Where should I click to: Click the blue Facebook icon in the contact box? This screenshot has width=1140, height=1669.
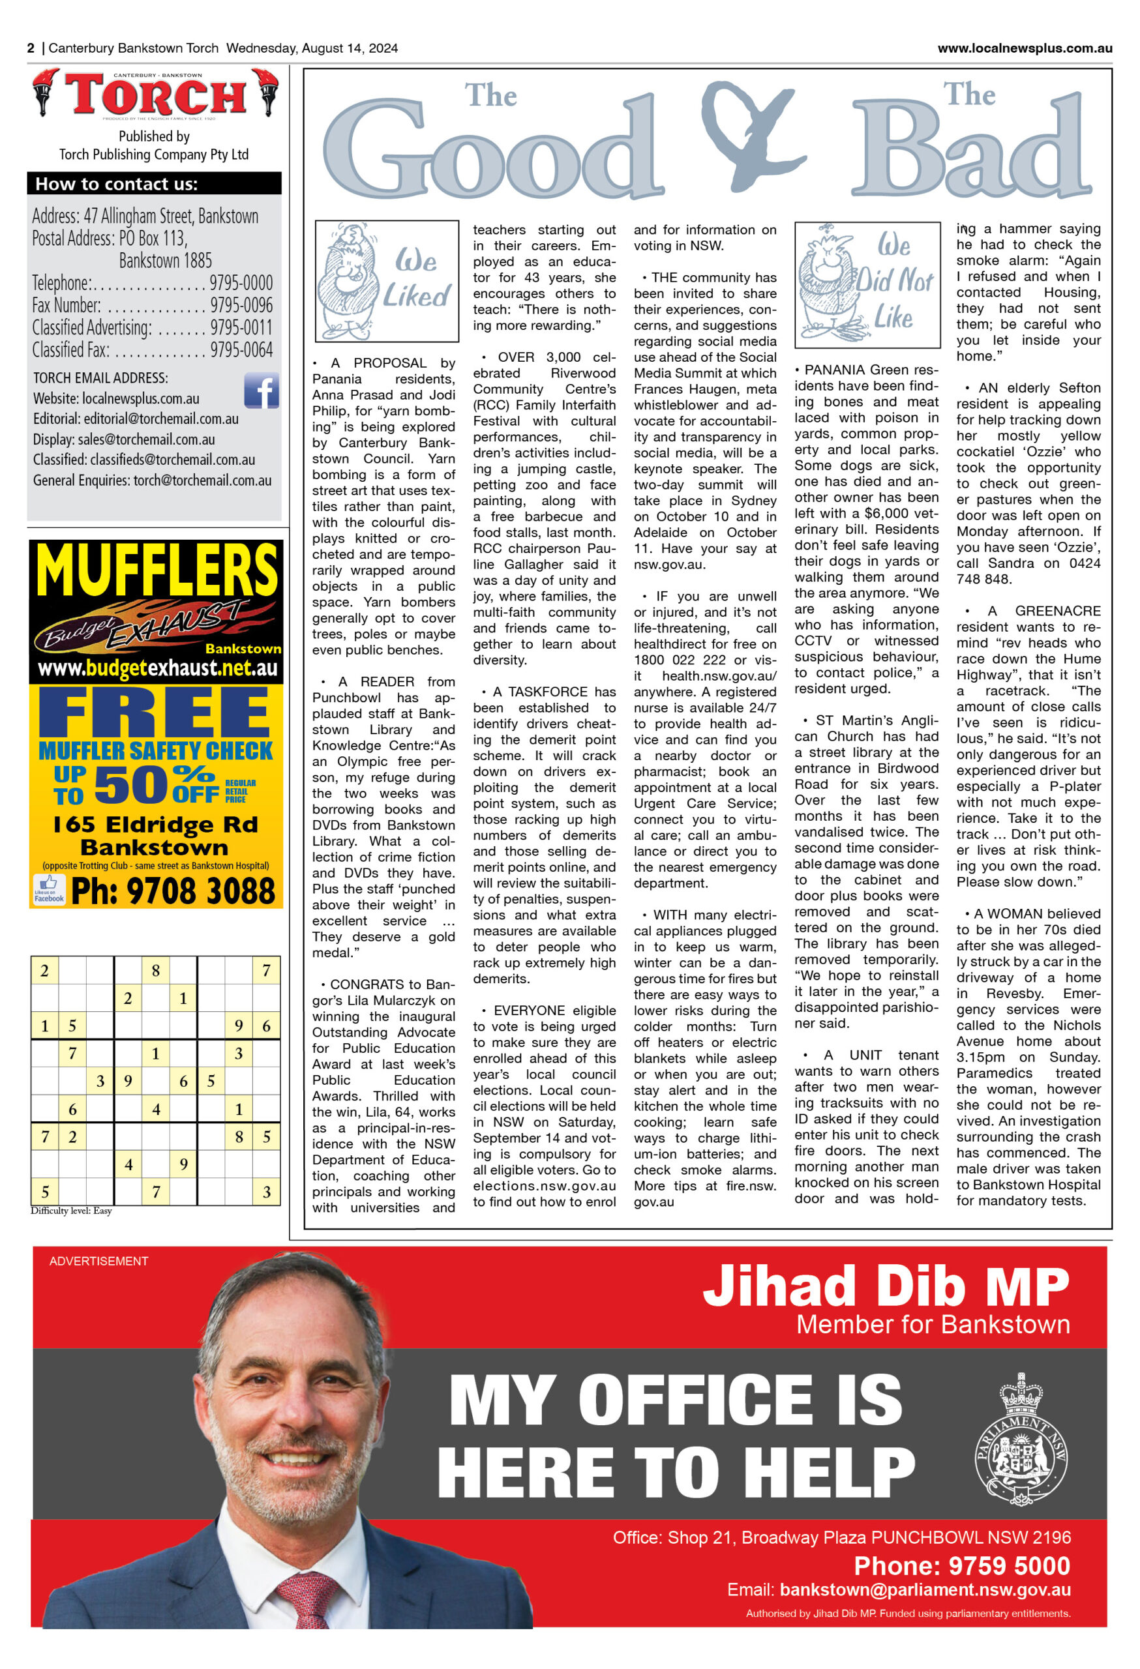[261, 391]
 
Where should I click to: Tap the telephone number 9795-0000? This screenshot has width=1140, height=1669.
[241, 282]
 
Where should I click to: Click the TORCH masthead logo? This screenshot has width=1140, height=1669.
[155, 94]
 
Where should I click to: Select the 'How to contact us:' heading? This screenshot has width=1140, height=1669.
[116, 184]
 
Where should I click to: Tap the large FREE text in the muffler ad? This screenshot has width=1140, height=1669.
[155, 713]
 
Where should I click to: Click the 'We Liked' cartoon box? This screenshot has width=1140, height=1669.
[387, 281]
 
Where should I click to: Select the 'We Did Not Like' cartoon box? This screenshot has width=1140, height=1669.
[867, 284]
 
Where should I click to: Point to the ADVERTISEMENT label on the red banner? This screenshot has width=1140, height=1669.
[98, 1261]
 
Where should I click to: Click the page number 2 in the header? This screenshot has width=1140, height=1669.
[31, 48]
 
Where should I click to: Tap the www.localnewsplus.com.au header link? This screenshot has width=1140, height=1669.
[1025, 48]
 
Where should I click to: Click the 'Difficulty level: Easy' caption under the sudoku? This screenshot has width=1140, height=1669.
[71, 1211]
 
